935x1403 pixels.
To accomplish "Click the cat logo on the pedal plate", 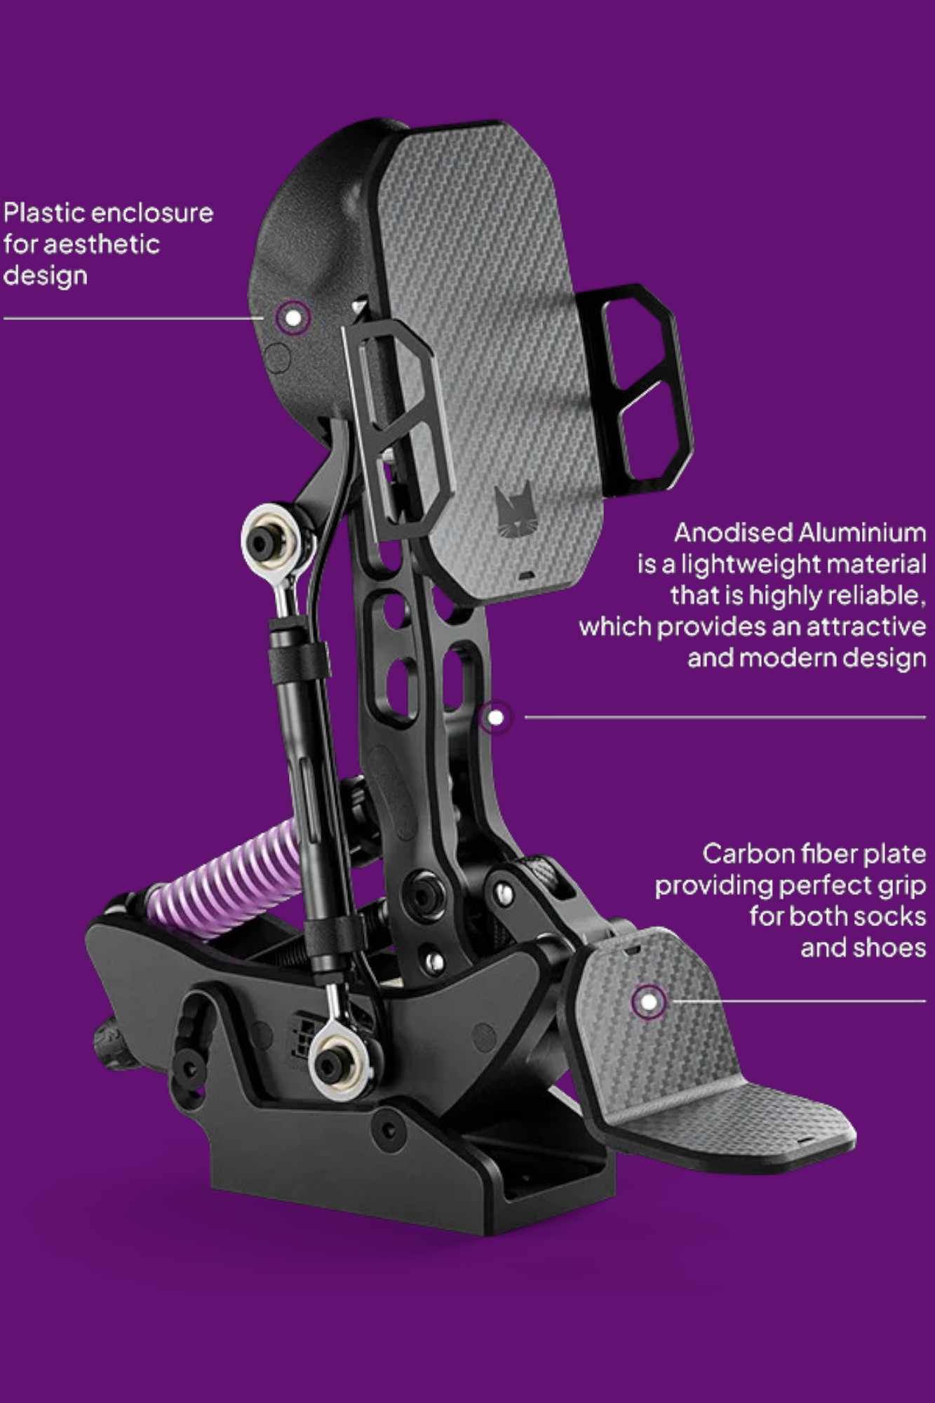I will pos(513,510).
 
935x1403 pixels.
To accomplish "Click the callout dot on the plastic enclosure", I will pos(293,318).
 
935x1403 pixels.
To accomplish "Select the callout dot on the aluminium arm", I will pos(496,718).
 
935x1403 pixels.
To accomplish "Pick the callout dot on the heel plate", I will pos(649,1001).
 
